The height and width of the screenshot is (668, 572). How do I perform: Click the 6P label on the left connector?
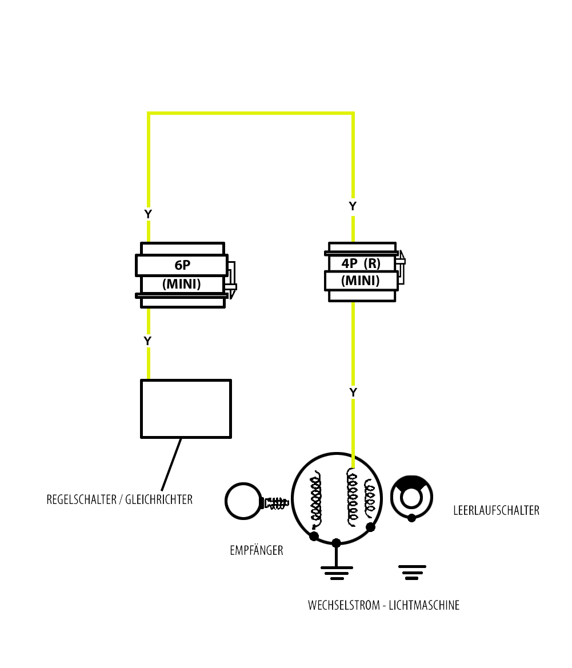[182, 265]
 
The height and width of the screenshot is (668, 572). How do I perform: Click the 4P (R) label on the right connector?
[361, 263]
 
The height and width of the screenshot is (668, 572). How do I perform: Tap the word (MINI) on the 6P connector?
[182, 284]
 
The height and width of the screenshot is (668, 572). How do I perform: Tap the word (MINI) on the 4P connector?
[361, 281]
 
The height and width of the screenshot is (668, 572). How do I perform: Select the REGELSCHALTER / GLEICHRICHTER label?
[119, 499]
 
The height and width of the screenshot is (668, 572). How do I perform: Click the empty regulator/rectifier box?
[186, 409]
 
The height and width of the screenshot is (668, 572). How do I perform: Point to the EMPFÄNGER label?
[257, 550]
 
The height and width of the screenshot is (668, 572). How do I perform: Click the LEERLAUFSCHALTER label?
[496, 510]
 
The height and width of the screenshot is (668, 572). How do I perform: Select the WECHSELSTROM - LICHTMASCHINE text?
[384, 605]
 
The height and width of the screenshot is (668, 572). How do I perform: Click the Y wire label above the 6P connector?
[148, 214]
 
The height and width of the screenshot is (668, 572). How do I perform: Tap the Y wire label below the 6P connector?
[147, 341]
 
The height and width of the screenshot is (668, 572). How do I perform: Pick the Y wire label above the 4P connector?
[353, 206]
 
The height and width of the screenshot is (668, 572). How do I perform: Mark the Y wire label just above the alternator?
[353, 393]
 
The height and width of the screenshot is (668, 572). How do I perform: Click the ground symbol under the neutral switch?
[412, 572]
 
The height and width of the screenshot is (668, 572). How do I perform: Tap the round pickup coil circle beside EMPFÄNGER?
[243, 501]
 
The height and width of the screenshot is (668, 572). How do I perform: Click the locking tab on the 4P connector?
[401, 267]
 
